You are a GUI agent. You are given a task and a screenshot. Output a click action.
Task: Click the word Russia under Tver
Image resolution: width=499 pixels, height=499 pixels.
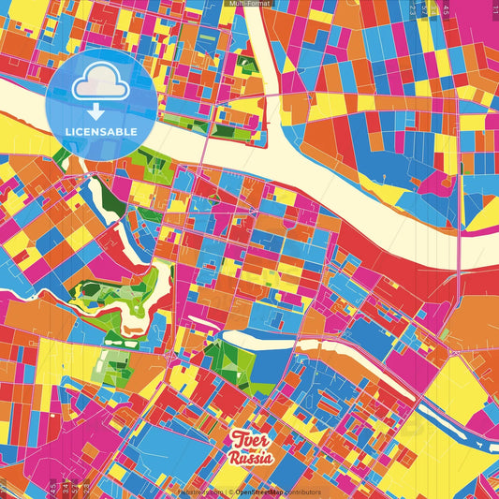(251, 459)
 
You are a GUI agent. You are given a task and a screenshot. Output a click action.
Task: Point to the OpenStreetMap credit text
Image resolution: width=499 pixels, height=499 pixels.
(263, 492)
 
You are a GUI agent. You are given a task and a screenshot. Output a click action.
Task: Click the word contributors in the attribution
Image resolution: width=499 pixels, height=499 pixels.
(303, 492)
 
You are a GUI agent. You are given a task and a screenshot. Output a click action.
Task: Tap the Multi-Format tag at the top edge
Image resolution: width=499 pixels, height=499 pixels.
(249, 4)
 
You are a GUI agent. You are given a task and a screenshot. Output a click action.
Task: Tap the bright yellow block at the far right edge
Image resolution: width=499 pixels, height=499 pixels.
(486, 216)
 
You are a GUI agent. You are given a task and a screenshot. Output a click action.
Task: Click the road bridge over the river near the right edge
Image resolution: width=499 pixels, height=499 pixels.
(458, 275)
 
